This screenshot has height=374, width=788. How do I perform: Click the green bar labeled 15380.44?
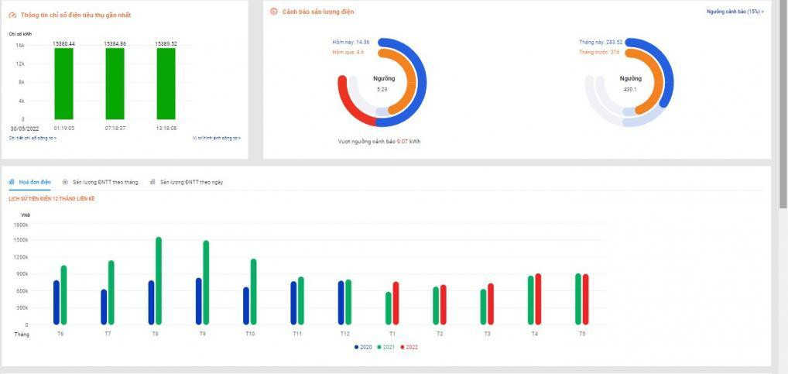pyautogui.click(x=63, y=83)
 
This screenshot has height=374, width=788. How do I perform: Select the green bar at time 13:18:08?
pyautogui.click(x=166, y=83)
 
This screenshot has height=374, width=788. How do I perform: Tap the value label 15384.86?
pyautogui.click(x=115, y=43)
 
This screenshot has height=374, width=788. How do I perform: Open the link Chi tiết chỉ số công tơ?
pyautogui.click(x=33, y=138)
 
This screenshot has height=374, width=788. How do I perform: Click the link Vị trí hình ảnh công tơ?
pyautogui.click(x=217, y=138)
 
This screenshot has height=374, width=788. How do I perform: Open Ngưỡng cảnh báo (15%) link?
pyautogui.click(x=735, y=12)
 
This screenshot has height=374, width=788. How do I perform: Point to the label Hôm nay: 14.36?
pyautogui.click(x=348, y=42)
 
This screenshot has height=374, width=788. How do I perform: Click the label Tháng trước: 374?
pyautogui.click(x=598, y=52)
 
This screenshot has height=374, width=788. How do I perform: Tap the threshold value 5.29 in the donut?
pyautogui.click(x=382, y=90)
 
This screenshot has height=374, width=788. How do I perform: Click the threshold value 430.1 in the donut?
pyautogui.click(x=630, y=89)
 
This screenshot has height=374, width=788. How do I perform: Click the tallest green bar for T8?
pyautogui.click(x=159, y=281)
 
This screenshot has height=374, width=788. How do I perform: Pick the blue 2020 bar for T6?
pyautogui.click(x=57, y=303)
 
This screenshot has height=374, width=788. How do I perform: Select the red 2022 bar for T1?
pyautogui.click(x=396, y=304)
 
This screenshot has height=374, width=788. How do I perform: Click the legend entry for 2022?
pyautogui.click(x=409, y=347)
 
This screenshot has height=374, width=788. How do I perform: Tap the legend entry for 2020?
pyautogui.click(x=363, y=347)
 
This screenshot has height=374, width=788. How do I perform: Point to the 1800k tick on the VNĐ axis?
pyautogui.click(x=21, y=225)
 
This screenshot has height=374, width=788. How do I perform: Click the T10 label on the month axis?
pyautogui.click(x=249, y=334)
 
